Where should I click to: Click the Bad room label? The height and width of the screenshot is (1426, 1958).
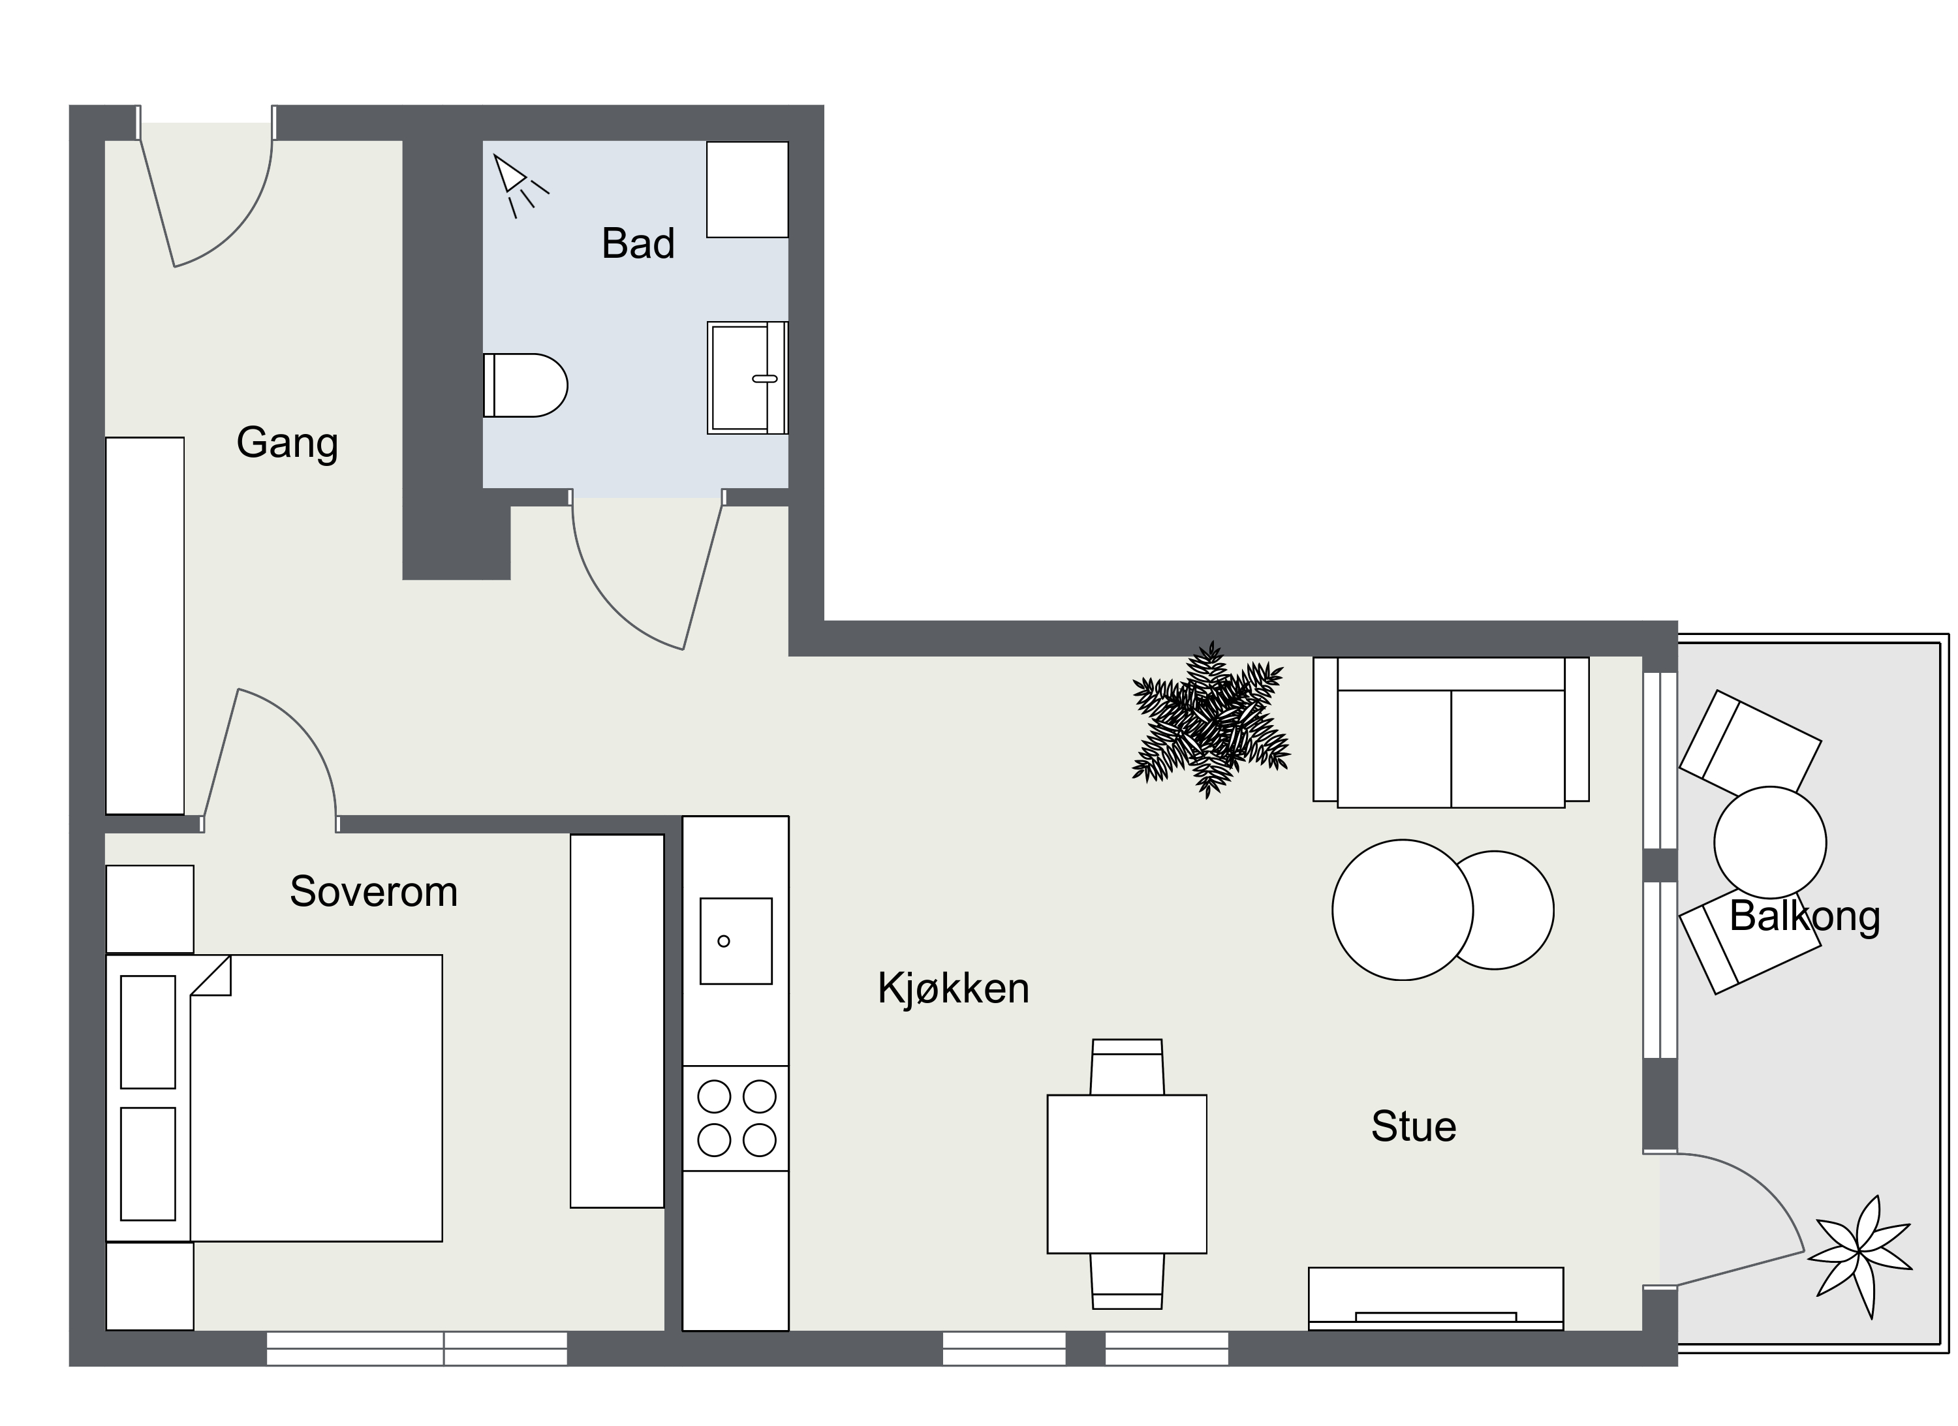638,243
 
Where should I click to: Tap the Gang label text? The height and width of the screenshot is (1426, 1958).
287,444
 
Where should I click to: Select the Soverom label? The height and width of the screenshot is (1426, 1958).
374,891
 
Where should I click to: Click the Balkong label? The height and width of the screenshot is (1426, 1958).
1805,918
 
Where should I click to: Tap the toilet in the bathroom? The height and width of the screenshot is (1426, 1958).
525,385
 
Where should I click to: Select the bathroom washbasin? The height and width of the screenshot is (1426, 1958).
748,378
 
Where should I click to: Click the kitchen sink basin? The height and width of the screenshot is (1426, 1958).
736,941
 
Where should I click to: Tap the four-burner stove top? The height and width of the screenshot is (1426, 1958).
736,1119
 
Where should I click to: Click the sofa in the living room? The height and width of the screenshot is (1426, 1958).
1452,732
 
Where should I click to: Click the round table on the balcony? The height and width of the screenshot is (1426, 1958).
1771,843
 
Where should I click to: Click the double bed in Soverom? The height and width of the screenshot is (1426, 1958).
275,1098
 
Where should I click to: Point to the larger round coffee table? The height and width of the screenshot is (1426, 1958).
1403,910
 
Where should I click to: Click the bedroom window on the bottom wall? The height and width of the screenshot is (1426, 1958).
417,1348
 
